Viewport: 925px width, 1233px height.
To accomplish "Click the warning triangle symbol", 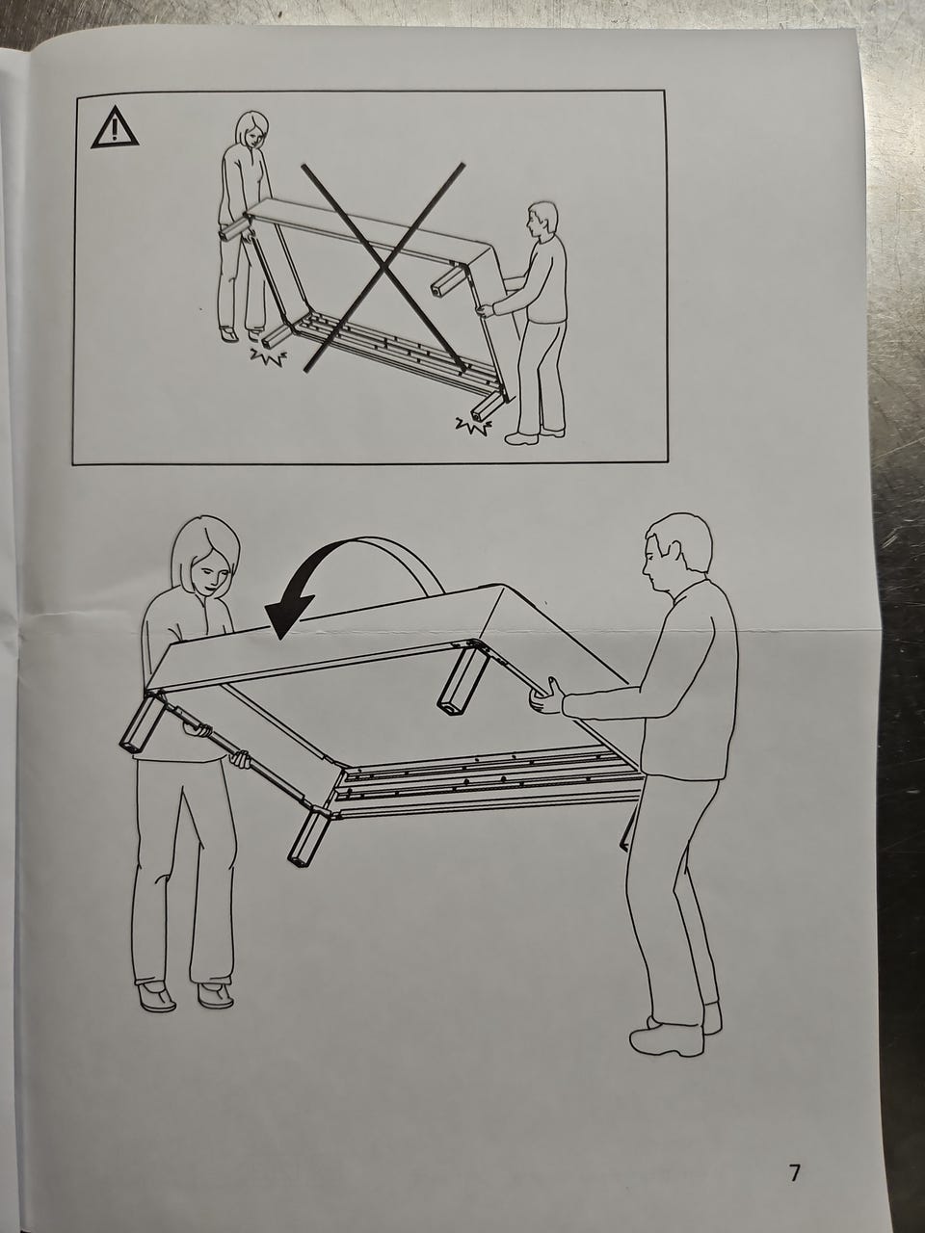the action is (x=115, y=127).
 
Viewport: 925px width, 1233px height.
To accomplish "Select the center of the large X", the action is (x=384, y=266).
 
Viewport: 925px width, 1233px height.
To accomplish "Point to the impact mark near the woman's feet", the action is (x=269, y=356).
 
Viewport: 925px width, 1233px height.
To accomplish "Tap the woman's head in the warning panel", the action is (x=252, y=130).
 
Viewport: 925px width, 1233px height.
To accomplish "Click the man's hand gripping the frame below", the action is (x=545, y=696).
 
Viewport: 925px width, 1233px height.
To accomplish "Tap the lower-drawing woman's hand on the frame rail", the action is (x=242, y=759).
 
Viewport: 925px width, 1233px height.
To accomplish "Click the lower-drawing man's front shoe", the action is (x=667, y=1039).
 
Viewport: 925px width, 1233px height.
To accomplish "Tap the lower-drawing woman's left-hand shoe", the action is (x=156, y=996).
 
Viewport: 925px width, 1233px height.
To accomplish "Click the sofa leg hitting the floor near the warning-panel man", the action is (x=487, y=407).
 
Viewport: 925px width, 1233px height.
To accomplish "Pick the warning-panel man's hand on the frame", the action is (x=486, y=310).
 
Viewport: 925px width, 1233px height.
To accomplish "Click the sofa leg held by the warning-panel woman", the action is (x=235, y=228).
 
